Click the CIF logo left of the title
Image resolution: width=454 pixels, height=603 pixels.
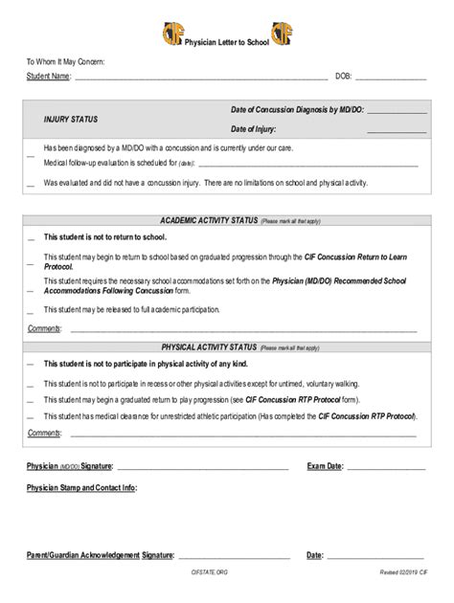pyautogui.click(x=171, y=35)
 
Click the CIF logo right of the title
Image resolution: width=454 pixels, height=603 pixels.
pyautogui.click(x=284, y=35)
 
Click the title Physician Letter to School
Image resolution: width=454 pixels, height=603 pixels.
pyautogui.click(x=227, y=41)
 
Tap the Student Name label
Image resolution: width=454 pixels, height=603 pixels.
pyautogui.click(x=48, y=76)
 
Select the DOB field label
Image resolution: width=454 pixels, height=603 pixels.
pyautogui.click(x=343, y=76)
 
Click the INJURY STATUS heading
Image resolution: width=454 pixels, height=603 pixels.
pyautogui.click(x=71, y=120)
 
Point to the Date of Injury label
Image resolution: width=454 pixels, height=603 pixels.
pyautogui.click(x=253, y=128)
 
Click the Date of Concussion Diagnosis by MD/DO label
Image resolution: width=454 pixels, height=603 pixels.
pyautogui.click(x=296, y=110)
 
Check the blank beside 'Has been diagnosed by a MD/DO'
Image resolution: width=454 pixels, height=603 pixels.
pyautogui.click(x=31, y=155)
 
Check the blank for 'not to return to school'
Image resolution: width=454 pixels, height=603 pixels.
pyautogui.click(x=31, y=238)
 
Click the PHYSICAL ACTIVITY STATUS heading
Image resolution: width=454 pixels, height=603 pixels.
pyautogui.click(x=209, y=346)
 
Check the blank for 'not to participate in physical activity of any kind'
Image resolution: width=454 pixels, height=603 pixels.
pyautogui.click(x=31, y=366)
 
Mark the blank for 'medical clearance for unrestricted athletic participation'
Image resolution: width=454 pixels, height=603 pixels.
pyautogui.click(x=31, y=418)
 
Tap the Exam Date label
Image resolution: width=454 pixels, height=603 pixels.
pyautogui.click(x=325, y=466)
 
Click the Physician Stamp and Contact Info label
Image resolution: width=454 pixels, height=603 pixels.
pyautogui.click(x=80, y=488)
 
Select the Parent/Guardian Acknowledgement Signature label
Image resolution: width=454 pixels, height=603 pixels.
pyautogui.click(x=100, y=555)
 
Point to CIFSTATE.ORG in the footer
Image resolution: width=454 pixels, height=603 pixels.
pyautogui.click(x=210, y=571)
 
